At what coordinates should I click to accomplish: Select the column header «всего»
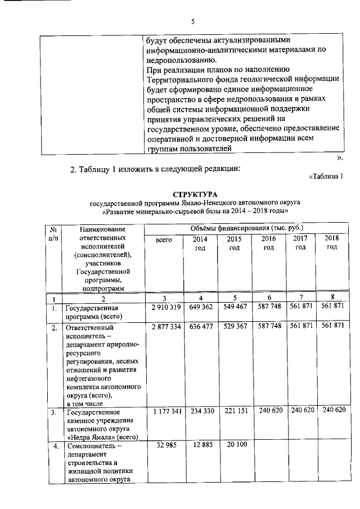pyautogui.click(x=163, y=240)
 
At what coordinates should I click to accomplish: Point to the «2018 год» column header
pyautogui.click(x=332, y=243)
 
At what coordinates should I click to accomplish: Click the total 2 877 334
pyautogui.click(x=164, y=326)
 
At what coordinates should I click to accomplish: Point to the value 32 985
pyautogui.click(x=164, y=446)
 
